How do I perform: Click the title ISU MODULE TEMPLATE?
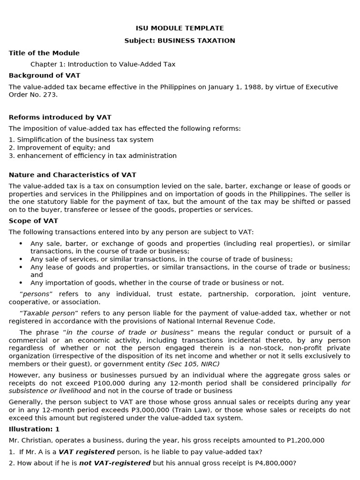click(x=180, y=28)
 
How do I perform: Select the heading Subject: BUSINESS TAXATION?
click(x=180, y=41)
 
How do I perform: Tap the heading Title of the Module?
click(x=44, y=53)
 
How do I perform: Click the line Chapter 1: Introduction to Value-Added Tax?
click(x=103, y=64)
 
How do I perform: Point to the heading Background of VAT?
click(x=45, y=75)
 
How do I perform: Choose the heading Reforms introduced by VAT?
click(x=60, y=117)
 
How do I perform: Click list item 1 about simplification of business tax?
click(x=81, y=140)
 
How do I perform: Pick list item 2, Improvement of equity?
click(x=60, y=148)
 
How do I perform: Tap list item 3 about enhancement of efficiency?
click(x=93, y=156)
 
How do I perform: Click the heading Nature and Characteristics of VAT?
click(x=72, y=175)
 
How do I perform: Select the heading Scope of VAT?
click(x=33, y=221)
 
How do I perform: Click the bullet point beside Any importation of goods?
click(x=21, y=283)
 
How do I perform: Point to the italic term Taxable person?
click(x=55, y=313)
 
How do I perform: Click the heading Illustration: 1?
click(x=34, y=429)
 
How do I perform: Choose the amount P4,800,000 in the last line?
click(x=277, y=463)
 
